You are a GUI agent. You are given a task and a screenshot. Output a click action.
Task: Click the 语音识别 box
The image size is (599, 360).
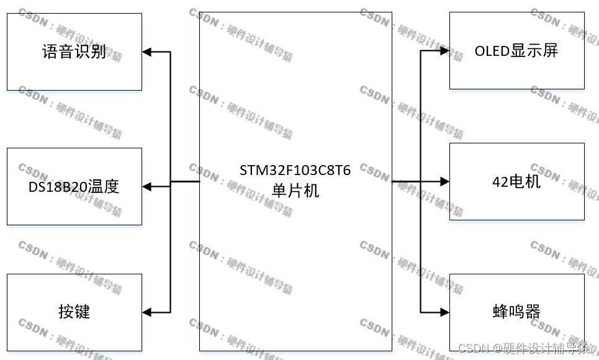tap(74, 52)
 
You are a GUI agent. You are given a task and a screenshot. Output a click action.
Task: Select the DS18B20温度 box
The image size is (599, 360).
tap(74, 186)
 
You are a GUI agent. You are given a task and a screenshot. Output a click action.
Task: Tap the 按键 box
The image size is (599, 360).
tap(74, 310)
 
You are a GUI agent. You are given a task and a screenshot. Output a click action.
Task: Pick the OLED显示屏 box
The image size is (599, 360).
tap(516, 50)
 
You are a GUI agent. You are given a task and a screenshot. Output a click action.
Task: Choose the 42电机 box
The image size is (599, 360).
tap(516, 181)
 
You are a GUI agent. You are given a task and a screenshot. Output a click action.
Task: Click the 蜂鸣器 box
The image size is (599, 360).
tap(516, 310)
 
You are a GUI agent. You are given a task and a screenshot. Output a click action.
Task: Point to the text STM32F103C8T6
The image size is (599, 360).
tap(295, 171)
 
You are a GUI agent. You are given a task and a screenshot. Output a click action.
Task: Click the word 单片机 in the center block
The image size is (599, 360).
tap(295, 191)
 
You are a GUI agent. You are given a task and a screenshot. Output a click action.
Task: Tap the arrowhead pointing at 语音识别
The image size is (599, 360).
tap(148, 52)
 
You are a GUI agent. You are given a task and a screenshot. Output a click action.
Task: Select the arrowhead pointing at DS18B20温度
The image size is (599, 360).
tap(148, 186)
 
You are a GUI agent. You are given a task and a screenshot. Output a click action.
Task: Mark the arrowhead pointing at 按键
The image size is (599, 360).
tap(148, 311)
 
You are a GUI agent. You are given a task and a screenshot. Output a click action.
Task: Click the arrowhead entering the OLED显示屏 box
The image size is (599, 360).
tap(444, 51)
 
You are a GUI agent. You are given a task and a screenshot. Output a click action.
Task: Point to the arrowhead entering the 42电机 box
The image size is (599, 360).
tap(444, 181)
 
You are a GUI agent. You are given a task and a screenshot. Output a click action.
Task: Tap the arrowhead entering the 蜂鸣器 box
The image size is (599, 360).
tap(444, 311)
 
